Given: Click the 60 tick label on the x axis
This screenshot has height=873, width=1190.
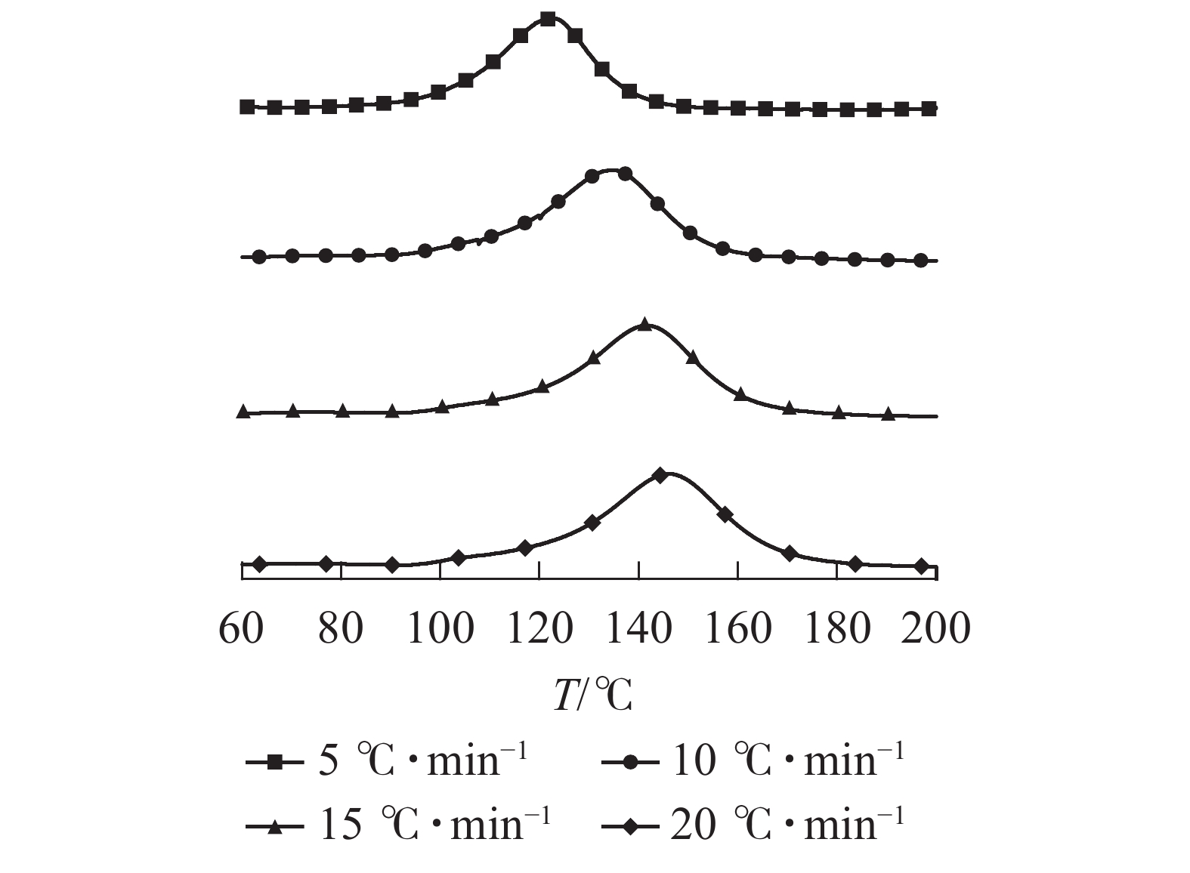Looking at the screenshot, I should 241,628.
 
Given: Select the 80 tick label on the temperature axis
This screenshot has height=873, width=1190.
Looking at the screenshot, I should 341,628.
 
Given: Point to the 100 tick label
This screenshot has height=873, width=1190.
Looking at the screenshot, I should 440,628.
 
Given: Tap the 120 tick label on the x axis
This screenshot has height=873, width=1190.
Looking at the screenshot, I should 539,628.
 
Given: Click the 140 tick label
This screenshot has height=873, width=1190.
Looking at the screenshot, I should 639,628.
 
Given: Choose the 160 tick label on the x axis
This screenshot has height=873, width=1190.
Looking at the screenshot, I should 738,628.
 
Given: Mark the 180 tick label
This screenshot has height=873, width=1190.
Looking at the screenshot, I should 837,628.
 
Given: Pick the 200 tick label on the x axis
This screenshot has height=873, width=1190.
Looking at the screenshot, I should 936,628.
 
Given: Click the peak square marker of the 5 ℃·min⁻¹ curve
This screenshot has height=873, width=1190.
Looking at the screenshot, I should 549,20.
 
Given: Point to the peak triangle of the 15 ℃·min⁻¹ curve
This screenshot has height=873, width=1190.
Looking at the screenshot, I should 644,325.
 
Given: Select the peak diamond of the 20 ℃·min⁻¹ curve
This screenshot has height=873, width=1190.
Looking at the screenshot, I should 660,475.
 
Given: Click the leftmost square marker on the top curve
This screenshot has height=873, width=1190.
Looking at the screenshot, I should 246,106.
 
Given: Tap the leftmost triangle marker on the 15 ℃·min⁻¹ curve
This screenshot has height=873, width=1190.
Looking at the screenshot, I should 243,412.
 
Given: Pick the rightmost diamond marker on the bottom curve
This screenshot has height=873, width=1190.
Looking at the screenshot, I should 920,566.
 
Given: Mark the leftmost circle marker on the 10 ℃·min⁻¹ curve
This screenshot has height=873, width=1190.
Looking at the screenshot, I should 259,257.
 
